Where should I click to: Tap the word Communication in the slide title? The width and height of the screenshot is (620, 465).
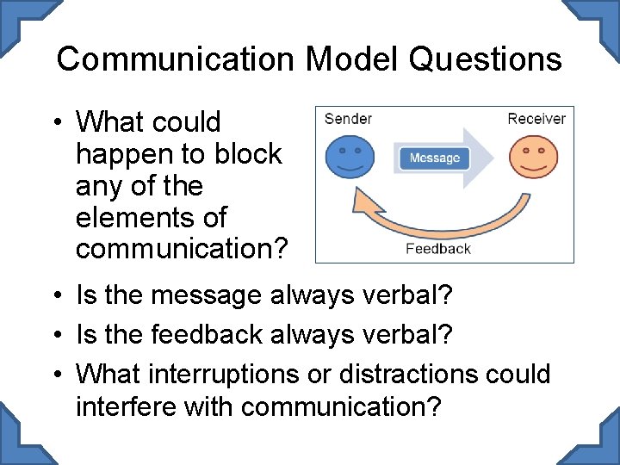point(175,59)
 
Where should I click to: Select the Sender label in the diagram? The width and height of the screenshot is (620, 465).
point(348,119)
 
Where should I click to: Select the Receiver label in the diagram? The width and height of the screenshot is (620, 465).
point(536,119)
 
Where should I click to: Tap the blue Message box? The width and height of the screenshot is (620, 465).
point(434,158)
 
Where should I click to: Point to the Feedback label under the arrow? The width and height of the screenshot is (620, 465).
point(438,249)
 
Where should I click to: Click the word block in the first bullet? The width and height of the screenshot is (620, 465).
point(249,154)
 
